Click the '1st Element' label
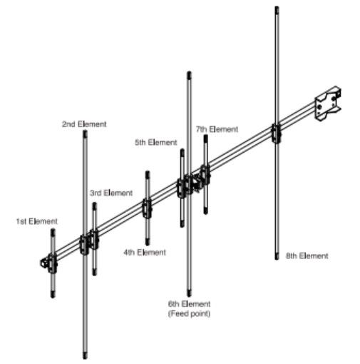(x=37, y=221)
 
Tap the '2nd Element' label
(x=84, y=124)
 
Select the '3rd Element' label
(x=111, y=193)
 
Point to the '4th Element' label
(x=145, y=252)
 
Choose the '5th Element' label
(x=156, y=142)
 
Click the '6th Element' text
(x=189, y=304)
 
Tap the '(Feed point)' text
(x=189, y=313)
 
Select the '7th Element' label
(x=217, y=129)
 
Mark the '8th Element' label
(x=307, y=256)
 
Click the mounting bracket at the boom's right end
(x=327, y=103)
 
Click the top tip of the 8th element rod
(x=277, y=7)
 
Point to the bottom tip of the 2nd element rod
(x=85, y=358)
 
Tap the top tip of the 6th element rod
(x=189, y=72)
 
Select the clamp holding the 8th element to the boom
(x=276, y=133)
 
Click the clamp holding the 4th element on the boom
(x=147, y=208)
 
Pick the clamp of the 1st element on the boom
(x=52, y=263)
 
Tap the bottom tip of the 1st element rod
(x=53, y=297)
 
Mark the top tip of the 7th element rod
(x=205, y=136)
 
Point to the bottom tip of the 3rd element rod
(x=95, y=275)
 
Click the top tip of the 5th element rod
(x=182, y=150)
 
